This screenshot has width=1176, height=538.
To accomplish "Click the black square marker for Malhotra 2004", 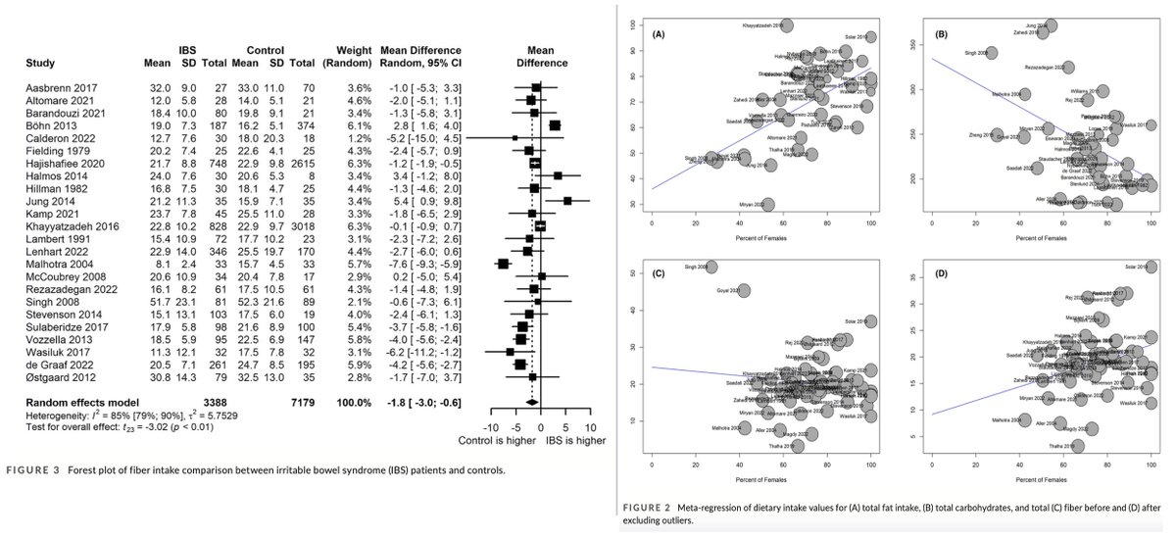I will pos(504,291).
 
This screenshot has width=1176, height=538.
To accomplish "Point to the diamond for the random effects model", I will pos(531,402).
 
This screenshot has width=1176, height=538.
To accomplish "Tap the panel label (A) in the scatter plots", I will pos(659,33).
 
